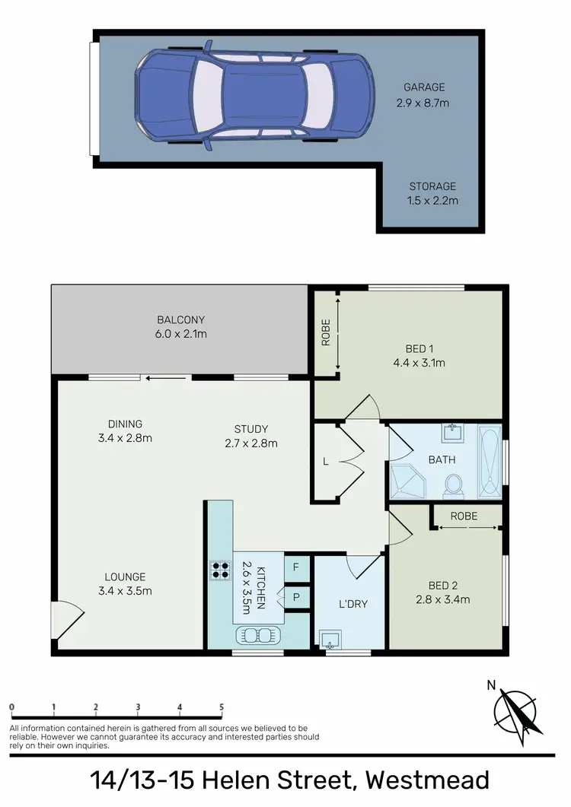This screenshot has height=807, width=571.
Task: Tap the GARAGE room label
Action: (x=424, y=87)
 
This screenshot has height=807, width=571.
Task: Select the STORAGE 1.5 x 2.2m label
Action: (x=432, y=193)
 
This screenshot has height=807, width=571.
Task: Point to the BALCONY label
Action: (x=181, y=319)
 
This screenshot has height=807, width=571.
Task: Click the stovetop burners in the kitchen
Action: (x=220, y=570)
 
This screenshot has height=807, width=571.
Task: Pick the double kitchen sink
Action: (x=259, y=634)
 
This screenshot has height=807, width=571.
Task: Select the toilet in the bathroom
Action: (x=454, y=484)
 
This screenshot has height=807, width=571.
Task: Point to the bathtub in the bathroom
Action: (x=490, y=462)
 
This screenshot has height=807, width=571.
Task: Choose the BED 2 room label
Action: (x=442, y=586)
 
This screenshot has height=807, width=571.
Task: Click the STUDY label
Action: (x=251, y=429)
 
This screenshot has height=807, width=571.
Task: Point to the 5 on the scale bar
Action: (x=222, y=707)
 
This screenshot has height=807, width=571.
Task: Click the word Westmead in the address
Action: (x=426, y=781)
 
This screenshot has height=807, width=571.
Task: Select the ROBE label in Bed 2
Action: (x=464, y=516)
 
